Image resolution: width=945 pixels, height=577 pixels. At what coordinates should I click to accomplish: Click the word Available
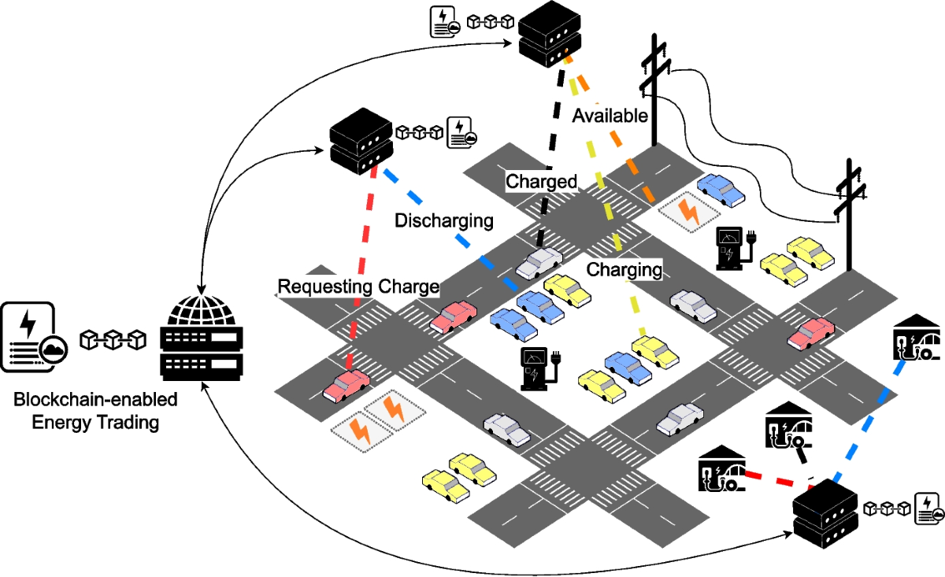tap(610, 116)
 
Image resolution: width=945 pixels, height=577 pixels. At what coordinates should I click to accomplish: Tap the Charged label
tap(541, 182)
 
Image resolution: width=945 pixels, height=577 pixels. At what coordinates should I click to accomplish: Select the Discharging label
tap(443, 220)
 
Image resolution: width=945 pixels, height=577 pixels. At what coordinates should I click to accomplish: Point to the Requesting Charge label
tap(358, 287)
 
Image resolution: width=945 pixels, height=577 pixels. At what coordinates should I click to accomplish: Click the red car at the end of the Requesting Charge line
tap(346, 385)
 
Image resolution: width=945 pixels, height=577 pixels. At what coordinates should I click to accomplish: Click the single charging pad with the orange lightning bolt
tap(687, 213)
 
